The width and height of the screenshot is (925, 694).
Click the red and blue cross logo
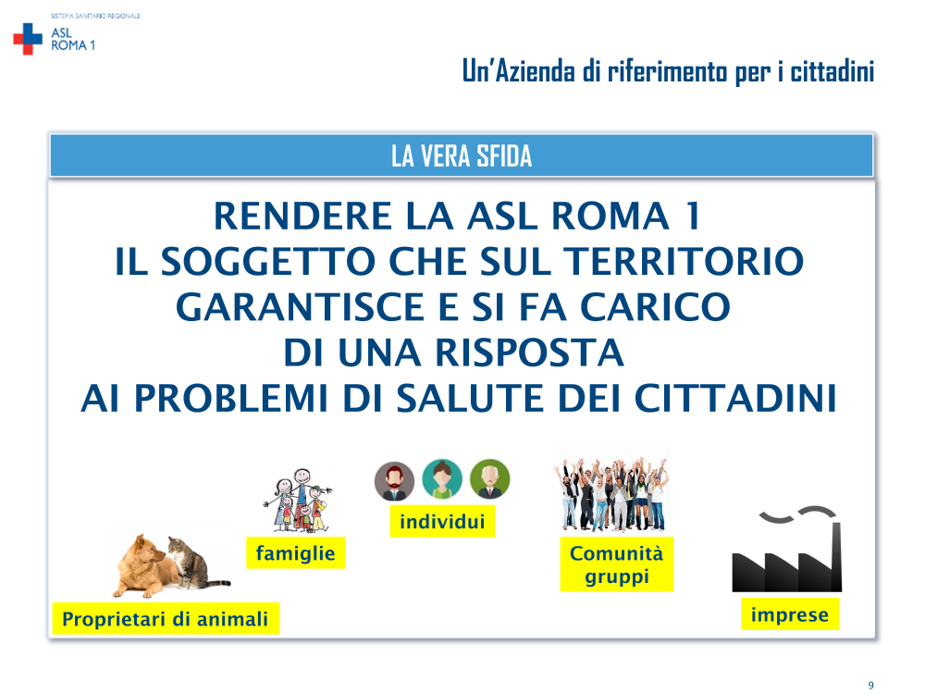(x=28, y=39)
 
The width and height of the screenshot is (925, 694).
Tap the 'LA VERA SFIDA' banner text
(x=462, y=156)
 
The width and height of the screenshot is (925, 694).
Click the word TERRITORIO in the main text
(x=684, y=261)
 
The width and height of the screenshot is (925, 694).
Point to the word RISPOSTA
(x=529, y=353)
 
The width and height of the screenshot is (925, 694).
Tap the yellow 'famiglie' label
(x=296, y=553)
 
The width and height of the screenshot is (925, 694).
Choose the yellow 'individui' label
(x=442, y=522)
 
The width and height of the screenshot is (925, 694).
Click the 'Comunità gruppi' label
(x=616, y=564)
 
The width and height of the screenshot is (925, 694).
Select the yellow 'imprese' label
(x=790, y=614)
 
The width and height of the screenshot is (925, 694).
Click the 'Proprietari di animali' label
(x=166, y=618)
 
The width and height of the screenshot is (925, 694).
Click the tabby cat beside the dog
(x=194, y=563)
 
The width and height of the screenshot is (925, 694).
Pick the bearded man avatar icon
(x=394, y=481)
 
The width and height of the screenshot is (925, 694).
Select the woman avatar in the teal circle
(x=442, y=479)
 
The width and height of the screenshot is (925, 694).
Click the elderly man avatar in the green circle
(x=490, y=479)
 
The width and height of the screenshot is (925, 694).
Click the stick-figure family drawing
(x=299, y=501)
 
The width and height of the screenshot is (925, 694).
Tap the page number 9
(x=870, y=685)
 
